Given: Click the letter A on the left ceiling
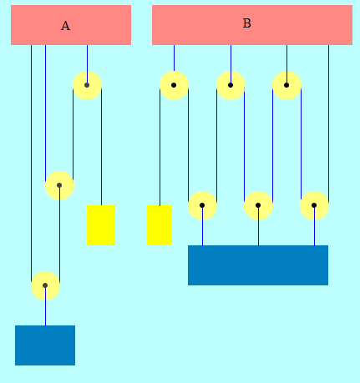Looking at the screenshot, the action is point(65,26).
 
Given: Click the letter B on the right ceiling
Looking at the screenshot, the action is point(247,23).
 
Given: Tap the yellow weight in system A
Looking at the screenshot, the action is point(101,225).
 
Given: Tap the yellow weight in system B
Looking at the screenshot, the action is point(159,225).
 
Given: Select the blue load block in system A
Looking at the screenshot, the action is point(45,345).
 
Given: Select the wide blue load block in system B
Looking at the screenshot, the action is point(258,265).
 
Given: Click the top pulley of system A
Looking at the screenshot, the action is point(87,85).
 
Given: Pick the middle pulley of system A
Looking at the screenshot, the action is point(59,185).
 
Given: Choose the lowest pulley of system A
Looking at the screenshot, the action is point(45,285).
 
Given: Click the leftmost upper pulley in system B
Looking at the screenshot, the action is point(174,85).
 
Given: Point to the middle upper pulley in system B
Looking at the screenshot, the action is point(231,85).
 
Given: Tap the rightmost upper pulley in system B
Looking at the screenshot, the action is point(286,85).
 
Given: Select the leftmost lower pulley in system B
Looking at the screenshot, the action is point(202,205).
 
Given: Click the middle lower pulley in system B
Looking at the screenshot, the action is point(258,205).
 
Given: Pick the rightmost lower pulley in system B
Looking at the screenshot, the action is point(314,205).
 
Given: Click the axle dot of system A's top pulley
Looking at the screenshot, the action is point(87,85).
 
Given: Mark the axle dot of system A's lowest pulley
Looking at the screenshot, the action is point(45,285).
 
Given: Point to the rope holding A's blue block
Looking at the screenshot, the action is point(45,305).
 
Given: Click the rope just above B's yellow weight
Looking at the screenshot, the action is point(160,147).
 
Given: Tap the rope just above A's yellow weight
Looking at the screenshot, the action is point(101,147).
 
